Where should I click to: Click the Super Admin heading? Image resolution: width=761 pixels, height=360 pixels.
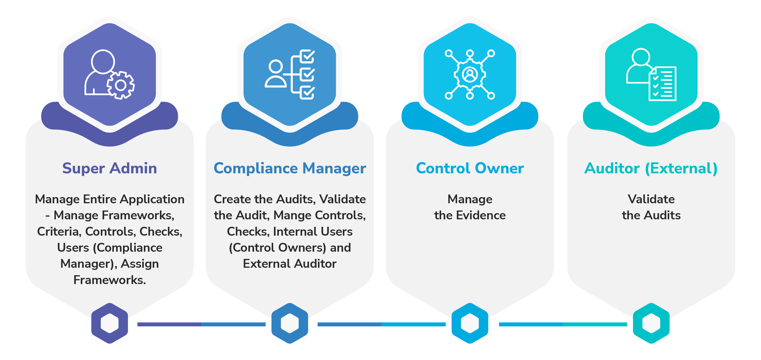[x=110, y=168]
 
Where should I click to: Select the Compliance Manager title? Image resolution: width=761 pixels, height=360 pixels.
[x=290, y=168]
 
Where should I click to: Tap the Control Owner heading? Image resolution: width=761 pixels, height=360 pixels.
[x=470, y=168]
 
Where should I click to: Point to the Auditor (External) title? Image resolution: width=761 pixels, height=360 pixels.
[x=651, y=168]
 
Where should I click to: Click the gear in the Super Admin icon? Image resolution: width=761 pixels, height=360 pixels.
[x=121, y=85]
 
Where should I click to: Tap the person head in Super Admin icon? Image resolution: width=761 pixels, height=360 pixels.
[x=103, y=62]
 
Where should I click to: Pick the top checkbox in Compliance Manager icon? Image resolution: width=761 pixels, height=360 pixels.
[x=308, y=56]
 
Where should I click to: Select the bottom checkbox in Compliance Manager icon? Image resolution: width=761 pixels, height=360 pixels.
[x=308, y=93]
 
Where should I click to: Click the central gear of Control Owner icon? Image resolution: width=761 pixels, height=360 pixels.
[x=470, y=74]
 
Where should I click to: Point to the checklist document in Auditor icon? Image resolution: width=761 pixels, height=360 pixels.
[x=663, y=84]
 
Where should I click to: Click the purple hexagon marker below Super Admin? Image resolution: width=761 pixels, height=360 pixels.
[x=110, y=323]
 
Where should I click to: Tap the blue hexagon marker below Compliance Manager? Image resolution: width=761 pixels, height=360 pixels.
[x=290, y=323]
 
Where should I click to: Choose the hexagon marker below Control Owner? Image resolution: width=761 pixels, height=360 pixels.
[x=470, y=323]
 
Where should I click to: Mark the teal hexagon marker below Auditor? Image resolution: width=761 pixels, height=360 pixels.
[x=651, y=323]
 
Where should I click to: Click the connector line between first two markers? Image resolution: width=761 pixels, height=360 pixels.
[x=201, y=324]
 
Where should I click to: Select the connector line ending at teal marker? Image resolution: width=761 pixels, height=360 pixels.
[x=563, y=324]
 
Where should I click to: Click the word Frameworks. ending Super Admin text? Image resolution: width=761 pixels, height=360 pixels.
[x=110, y=280]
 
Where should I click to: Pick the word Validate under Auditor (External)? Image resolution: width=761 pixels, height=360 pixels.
[x=651, y=199]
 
